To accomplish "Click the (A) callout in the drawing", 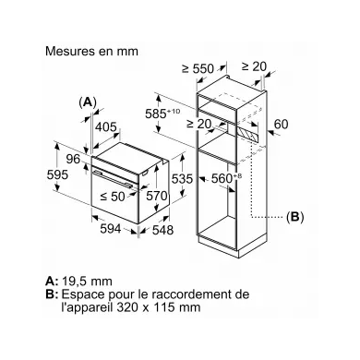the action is point(87,102).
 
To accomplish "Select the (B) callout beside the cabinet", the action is point(294,218).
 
